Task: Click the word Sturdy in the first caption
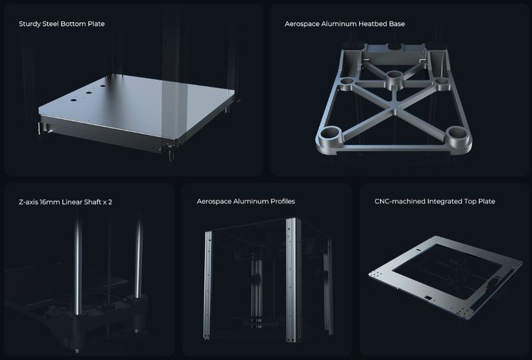pyautogui.click(x=30, y=24)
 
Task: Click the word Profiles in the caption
pyautogui.click(x=283, y=202)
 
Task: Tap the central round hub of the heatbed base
pyautogui.click(x=394, y=79)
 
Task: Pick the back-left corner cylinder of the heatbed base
pyautogui.click(x=347, y=83)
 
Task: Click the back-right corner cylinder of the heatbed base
pyautogui.click(x=442, y=83)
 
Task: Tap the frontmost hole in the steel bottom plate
pyautogui.click(x=73, y=100)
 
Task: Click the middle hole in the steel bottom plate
pyautogui.click(x=89, y=92)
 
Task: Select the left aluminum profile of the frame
pyautogui.click(x=207, y=285)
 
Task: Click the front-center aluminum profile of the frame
pyautogui.click(x=293, y=279)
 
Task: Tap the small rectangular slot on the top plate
pyautogui.click(x=429, y=298)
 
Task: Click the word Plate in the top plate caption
pyautogui.click(x=487, y=202)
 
